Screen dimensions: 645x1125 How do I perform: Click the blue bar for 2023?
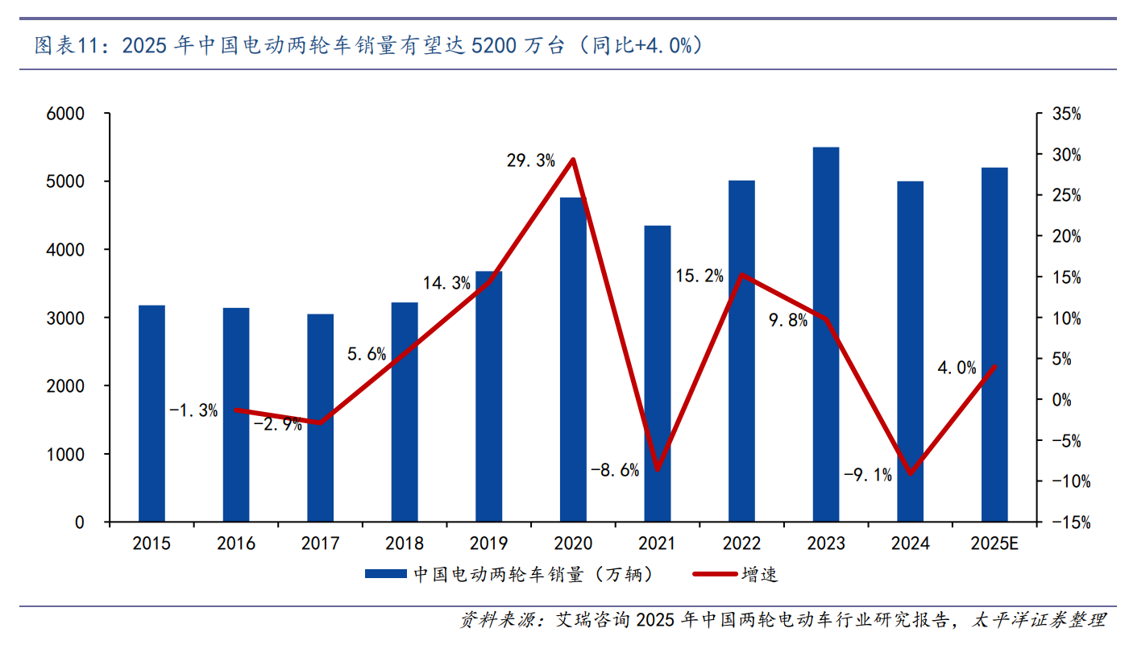click(x=826, y=335)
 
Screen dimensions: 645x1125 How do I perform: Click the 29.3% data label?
click(x=531, y=160)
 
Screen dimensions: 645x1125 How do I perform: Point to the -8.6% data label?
click(x=615, y=470)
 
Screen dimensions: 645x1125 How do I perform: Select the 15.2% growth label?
click(x=699, y=277)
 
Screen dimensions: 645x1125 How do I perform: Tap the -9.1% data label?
click(x=868, y=475)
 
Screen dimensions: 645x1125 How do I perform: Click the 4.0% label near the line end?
click(x=957, y=368)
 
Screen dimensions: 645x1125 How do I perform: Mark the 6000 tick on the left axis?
click(x=68, y=114)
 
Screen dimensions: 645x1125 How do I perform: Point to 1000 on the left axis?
click(x=68, y=455)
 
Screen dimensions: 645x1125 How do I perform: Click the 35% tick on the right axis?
click(x=1067, y=114)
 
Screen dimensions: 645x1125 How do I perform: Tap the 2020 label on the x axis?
click(x=573, y=544)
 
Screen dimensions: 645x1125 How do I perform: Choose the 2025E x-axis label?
click(x=994, y=544)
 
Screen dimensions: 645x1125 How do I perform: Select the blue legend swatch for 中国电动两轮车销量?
click(x=386, y=574)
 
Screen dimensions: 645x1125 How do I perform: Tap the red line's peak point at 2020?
click(x=572, y=160)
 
